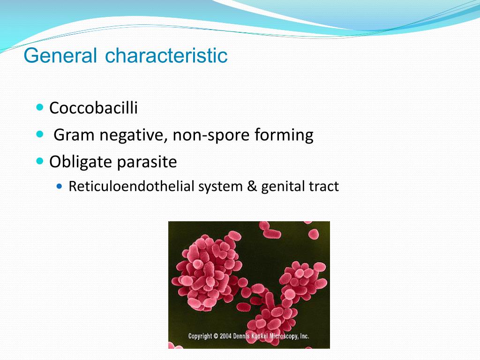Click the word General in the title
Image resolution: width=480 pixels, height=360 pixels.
click(x=60, y=55)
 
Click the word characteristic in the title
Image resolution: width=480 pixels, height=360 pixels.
click(x=166, y=55)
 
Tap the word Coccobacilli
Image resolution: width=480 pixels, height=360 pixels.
click(x=93, y=108)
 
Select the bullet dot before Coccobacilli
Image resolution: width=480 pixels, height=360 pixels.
click(x=40, y=107)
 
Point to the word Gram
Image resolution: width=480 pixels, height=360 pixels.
click(x=74, y=135)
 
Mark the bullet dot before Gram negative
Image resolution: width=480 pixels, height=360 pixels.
click(x=40, y=134)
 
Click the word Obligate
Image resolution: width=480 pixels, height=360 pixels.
click(x=81, y=162)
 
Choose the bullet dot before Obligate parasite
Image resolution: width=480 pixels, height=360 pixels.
click(x=40, y=161)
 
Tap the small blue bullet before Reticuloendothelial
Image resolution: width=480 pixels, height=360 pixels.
click(x=60, y=186)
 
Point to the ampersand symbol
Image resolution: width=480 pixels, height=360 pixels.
click(x=252, y=187)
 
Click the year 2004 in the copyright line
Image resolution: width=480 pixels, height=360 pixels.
click(x=225, y=336)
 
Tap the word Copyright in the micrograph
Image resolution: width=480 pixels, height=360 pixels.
click(x=200, y=336)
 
